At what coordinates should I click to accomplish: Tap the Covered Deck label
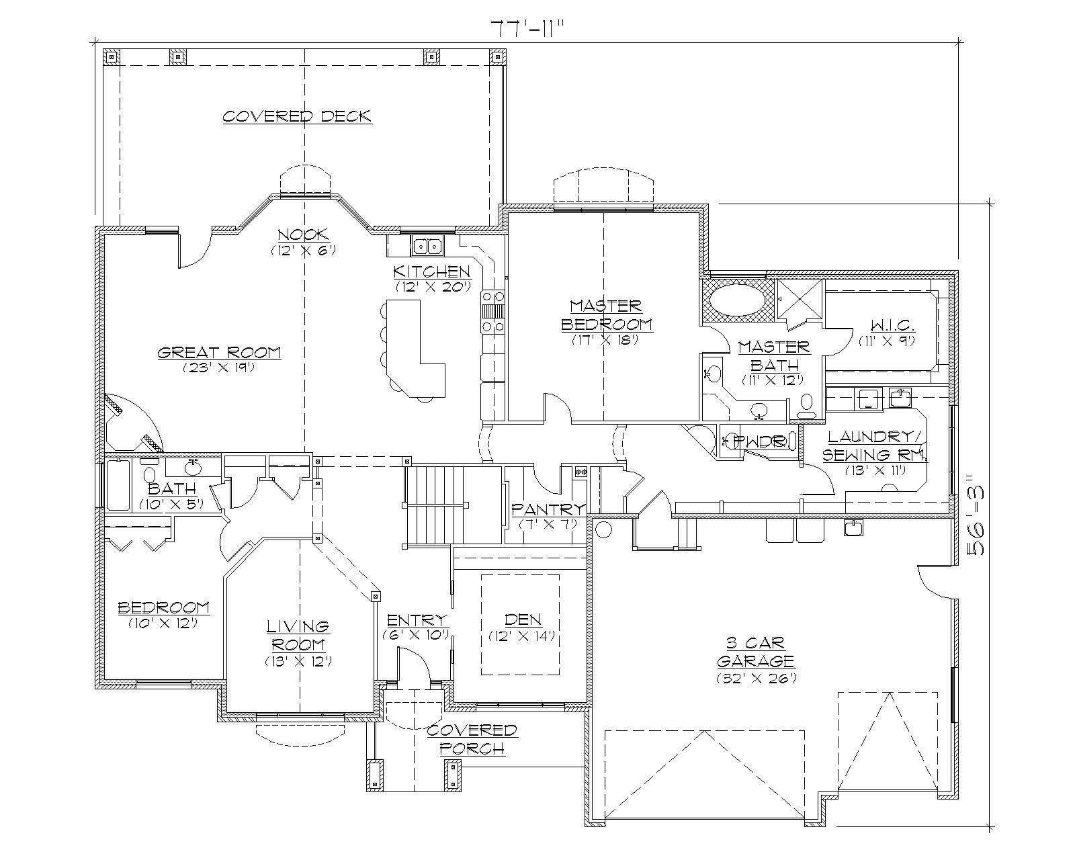point(296,116)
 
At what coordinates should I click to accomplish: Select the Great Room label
point(219,353)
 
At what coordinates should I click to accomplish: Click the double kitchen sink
point(427,247)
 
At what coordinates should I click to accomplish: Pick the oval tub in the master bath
point(737,298)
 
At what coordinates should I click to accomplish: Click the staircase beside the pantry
point(435,505)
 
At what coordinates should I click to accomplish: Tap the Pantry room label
point(548,509)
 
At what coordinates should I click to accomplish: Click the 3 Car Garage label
point(755,651)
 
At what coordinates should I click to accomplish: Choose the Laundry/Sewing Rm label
point(873,445)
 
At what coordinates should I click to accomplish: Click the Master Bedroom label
point(606,315)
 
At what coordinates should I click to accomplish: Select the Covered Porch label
point(472,739)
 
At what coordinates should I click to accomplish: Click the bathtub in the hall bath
point(118,485)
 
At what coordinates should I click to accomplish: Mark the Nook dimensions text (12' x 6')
point(303,250)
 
